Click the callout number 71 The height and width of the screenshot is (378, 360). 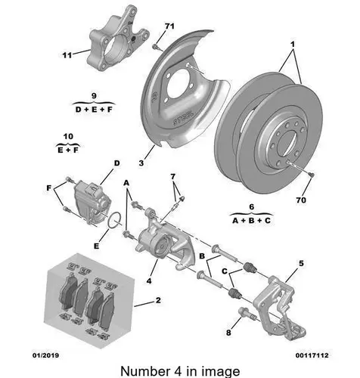click(x=169, y=26)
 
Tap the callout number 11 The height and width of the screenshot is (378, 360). click(x=67, y=54)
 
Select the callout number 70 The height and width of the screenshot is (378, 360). click(x=301, y=200)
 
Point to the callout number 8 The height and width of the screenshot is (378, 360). click(x=228, y=333)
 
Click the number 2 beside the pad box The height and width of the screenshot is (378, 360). click(x=158, y=300)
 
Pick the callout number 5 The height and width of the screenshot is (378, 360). click(x=301, y=263)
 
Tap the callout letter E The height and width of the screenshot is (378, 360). click(x=97, y=246)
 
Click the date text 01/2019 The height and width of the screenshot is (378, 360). click(x=46, y=355)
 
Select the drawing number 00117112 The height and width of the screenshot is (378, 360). click(x=312, y=355)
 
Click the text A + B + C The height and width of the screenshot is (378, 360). click(x=252, y=221)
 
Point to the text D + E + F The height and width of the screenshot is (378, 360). click(x=94, y=110)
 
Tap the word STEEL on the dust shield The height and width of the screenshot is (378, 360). click(x=183, y=118)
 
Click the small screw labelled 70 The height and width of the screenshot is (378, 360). click(x=312, y=174)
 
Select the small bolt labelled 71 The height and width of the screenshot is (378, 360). click(x=155, y=47)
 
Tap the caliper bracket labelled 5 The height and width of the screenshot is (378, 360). click(x=280, y=308)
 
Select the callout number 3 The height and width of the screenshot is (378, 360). click(x=141, y=163)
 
